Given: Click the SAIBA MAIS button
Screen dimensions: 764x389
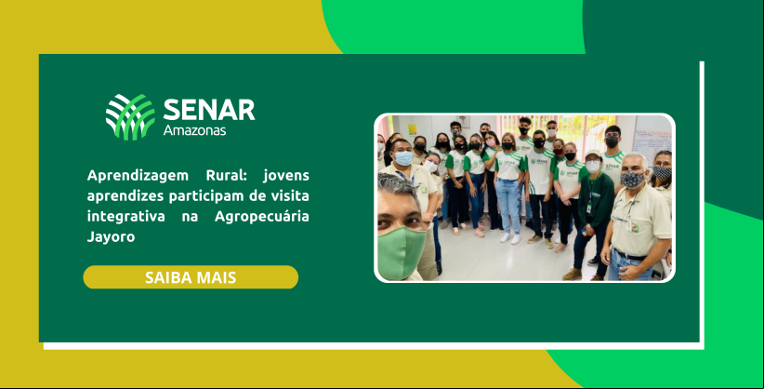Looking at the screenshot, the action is click(191, 277).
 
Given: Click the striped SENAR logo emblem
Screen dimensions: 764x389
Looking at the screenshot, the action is click(130, 117).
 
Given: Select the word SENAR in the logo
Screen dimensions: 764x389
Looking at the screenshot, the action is click(209, 110).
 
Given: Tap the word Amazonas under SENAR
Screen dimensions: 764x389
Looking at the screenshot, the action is click(194, 130).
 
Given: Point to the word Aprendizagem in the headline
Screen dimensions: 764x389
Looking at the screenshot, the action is click(132, 176).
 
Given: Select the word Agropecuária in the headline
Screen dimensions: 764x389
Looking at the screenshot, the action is click(262, 217).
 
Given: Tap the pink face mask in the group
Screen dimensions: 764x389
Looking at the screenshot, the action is click(491, 142).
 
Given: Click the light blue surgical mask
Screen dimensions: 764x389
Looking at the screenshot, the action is click(404, 158).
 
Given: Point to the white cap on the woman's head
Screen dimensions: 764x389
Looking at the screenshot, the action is click(593, 154).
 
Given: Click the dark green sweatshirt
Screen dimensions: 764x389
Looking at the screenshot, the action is click(596, 199).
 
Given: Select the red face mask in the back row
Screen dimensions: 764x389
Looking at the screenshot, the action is click(558, 152).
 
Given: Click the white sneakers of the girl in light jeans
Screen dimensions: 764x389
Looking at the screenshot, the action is click(509, 237).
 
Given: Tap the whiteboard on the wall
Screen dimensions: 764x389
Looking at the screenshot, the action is click(652, 141).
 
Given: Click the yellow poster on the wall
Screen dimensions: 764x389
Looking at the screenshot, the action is click(413, 129).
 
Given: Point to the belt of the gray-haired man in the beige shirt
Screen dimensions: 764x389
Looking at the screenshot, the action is click(629, 255).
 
